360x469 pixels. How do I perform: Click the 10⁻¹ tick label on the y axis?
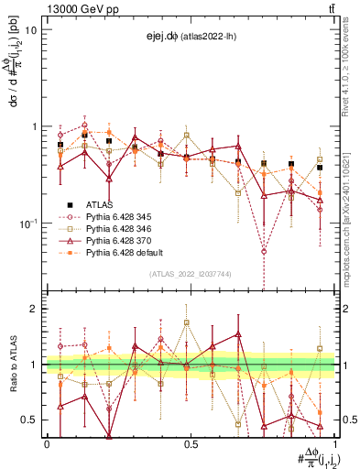point(27,223)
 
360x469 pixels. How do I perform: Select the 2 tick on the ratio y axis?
point(35,309)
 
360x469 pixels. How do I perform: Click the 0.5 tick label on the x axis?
point(191,443)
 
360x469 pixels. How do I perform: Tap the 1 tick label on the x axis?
point(335,443)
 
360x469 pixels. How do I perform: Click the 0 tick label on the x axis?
point(47,443)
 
